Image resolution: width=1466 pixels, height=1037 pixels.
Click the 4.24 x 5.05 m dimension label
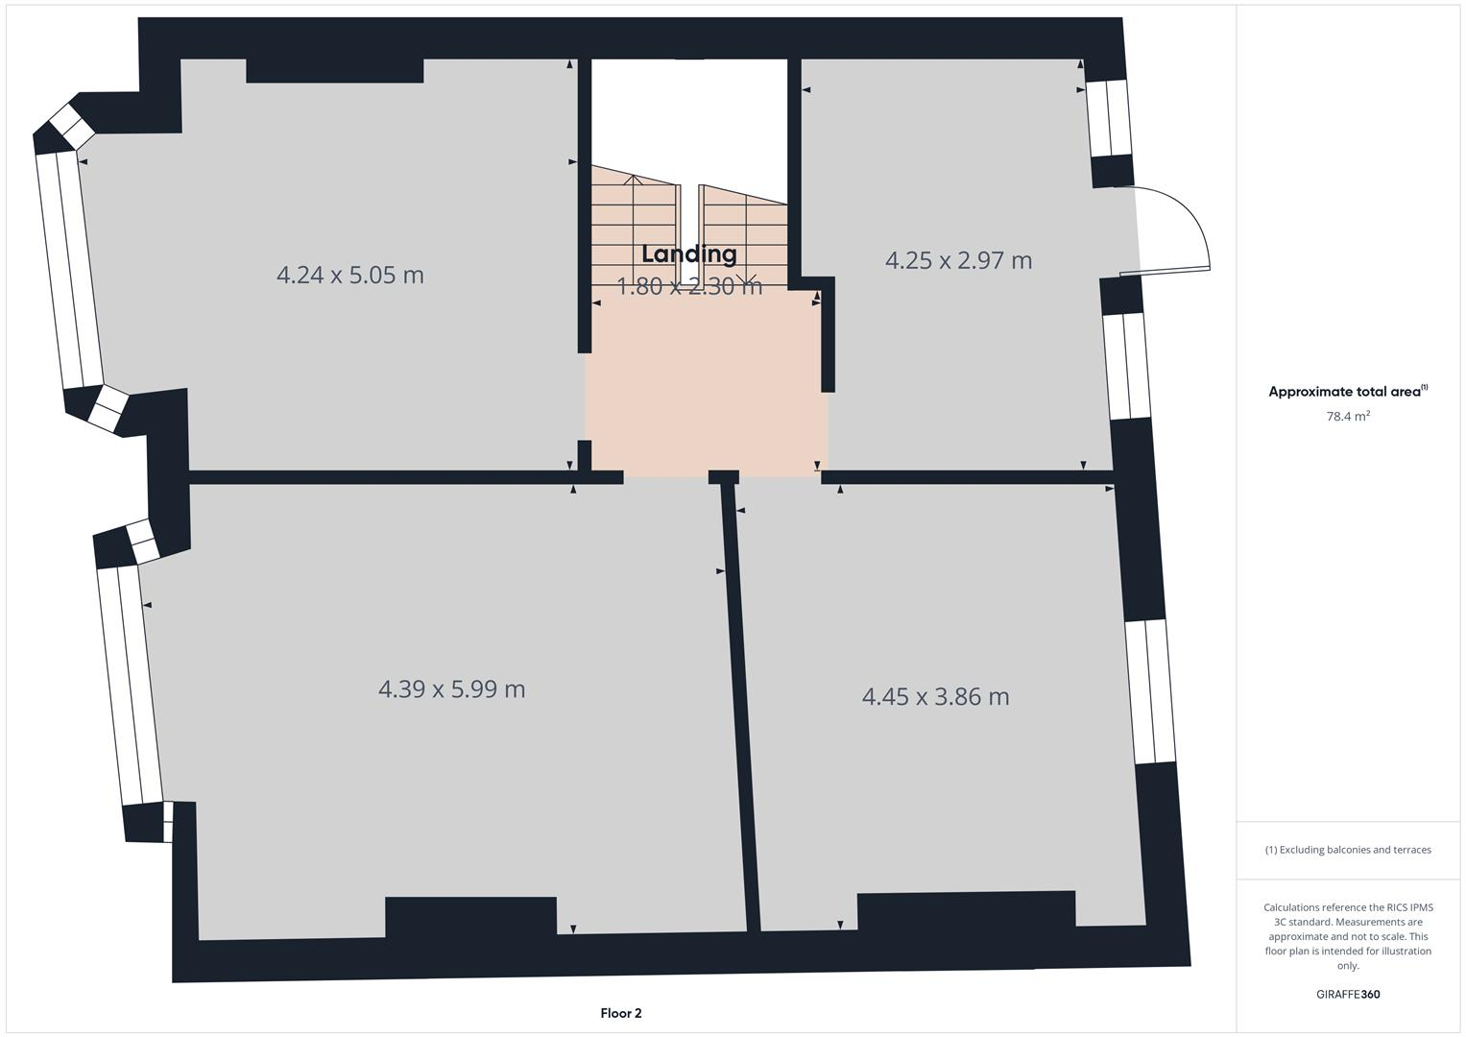click(349, 275)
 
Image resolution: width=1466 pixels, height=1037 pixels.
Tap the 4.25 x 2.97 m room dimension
click(958, 260)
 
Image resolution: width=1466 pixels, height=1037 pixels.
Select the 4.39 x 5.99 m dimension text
click(451, 689)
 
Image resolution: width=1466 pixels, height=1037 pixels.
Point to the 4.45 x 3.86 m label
click(935, 696)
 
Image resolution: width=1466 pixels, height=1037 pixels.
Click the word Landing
click(689, 254)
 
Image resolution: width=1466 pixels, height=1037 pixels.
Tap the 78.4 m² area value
click(1348, 417)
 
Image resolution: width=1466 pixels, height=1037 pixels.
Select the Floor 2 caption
click(620, 1013)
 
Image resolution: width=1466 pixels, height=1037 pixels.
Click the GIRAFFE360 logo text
click(1348, 995)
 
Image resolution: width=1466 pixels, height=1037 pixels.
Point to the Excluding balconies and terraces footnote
click(1348, 850)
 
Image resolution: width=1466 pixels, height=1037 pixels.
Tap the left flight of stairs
click(634, 230)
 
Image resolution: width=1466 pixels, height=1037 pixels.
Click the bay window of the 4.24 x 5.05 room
click(69, 269)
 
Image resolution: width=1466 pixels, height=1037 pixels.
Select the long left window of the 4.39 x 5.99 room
click(130, 684)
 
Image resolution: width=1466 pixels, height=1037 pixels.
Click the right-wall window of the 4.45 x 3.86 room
click(1150, 691)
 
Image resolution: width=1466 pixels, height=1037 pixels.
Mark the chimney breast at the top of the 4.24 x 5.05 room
click(334, 70)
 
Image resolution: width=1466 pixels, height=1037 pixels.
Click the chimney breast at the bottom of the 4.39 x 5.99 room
click(470, 916)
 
